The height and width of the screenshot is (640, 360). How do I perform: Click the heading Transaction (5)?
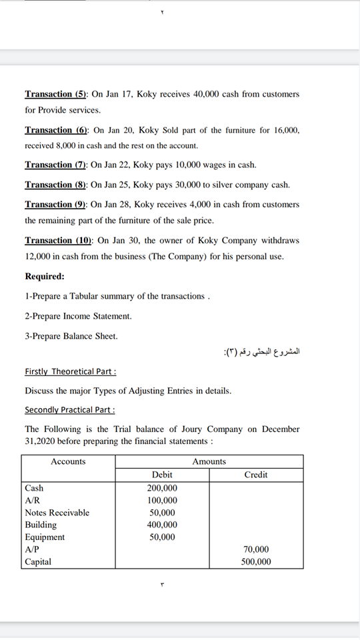click(x=56, y=94)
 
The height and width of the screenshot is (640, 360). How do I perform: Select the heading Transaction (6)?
click(x=56, y=130)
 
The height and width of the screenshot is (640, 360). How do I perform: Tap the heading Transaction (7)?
click(x=56, y=165)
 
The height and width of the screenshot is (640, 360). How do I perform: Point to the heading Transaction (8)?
click(x=56, y=185)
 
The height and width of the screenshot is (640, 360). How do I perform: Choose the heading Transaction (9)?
click(x=56, y=205)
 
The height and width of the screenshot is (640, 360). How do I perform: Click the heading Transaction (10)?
click(x=59, y=241)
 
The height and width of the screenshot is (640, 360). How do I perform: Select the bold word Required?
click(x=45, y=276)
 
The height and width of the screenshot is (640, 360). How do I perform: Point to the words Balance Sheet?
click(x=93, y=336)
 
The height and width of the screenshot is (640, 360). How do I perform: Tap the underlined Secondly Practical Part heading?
click(x=70, y=409)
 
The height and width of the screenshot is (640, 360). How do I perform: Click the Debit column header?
click(x=162, y=475)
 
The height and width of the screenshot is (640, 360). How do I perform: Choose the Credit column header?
click(x=256, y=475)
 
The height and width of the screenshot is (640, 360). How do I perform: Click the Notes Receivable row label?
click(x=57, y=513)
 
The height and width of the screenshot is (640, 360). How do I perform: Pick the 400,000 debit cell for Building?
click(x=162, y=525)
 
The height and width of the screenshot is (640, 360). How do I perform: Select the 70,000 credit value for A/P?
click(x=257, y=549)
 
